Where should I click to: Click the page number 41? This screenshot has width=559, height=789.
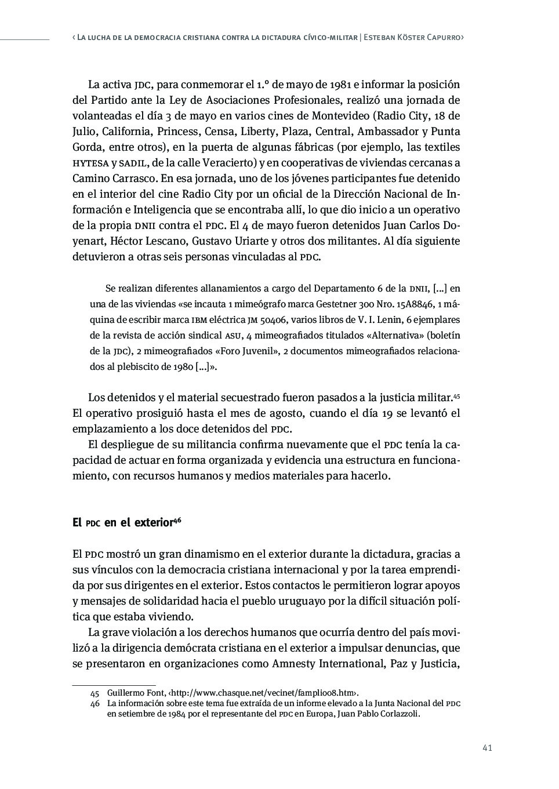click(x=487, y=748)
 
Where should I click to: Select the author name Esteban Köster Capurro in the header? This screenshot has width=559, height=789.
click(x=413, y=38)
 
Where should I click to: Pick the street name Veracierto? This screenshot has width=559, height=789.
click(x=228, y=162)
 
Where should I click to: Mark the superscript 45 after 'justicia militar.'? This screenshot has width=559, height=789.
click(x=456, y=395)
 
